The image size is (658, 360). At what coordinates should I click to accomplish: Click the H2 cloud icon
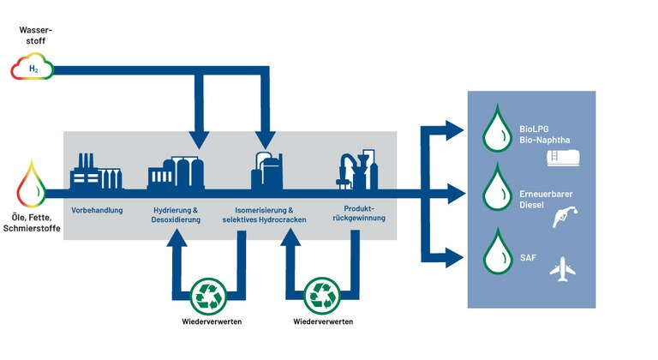(x=33, y=66)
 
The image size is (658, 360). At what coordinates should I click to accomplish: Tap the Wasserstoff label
(x=33, y=35)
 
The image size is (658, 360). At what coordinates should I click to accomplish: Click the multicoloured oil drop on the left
(x=32, y=183)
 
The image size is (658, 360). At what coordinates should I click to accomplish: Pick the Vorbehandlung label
(x=97, y=210)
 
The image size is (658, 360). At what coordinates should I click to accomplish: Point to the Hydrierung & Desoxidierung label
(x=176, y=215)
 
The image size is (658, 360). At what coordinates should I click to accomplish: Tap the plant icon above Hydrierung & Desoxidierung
(x=176, y=171)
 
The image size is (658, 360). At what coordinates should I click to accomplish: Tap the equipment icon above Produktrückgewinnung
(x=358, y=169)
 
